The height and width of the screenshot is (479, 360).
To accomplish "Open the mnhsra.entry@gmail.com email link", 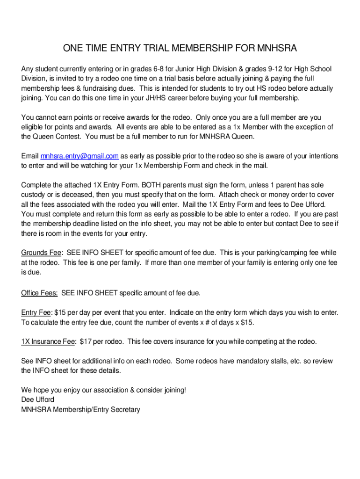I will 79,156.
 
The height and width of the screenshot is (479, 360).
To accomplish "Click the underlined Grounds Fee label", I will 41,253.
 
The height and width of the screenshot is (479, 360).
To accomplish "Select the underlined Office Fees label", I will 39,293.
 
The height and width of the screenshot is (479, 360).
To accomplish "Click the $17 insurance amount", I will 85,342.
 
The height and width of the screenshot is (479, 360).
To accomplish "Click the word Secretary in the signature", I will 124,410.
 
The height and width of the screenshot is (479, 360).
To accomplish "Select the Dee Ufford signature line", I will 38,400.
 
